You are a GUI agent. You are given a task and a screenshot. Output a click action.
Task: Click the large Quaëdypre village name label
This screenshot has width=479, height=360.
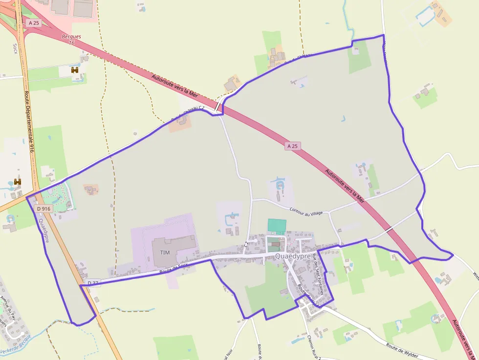click(293, 255)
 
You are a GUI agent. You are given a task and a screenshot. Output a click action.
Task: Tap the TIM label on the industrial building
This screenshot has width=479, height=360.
click(165, 252)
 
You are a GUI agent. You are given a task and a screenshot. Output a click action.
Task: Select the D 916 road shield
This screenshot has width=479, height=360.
click(44, 209)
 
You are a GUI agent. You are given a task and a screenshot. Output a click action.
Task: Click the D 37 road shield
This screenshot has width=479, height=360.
click(93, 283)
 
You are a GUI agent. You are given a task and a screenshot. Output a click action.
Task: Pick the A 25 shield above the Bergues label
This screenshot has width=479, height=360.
click(34, 22)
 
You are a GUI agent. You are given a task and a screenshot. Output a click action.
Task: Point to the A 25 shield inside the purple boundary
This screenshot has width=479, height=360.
click(292, 146)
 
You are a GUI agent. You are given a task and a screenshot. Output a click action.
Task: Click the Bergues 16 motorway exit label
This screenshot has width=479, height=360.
click(71, 40)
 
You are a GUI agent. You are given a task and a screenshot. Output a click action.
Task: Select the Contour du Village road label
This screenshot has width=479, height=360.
click(306, 211)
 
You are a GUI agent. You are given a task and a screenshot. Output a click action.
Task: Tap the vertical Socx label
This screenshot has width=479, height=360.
click(15, 48)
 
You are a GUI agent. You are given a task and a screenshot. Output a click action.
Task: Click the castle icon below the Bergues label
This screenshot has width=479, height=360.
click(75, 70)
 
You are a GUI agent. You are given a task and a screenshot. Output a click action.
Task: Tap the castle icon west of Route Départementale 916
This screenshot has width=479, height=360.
click(18, 182)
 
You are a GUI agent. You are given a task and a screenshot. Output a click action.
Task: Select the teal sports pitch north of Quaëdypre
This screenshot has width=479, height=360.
click(277, 226)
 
